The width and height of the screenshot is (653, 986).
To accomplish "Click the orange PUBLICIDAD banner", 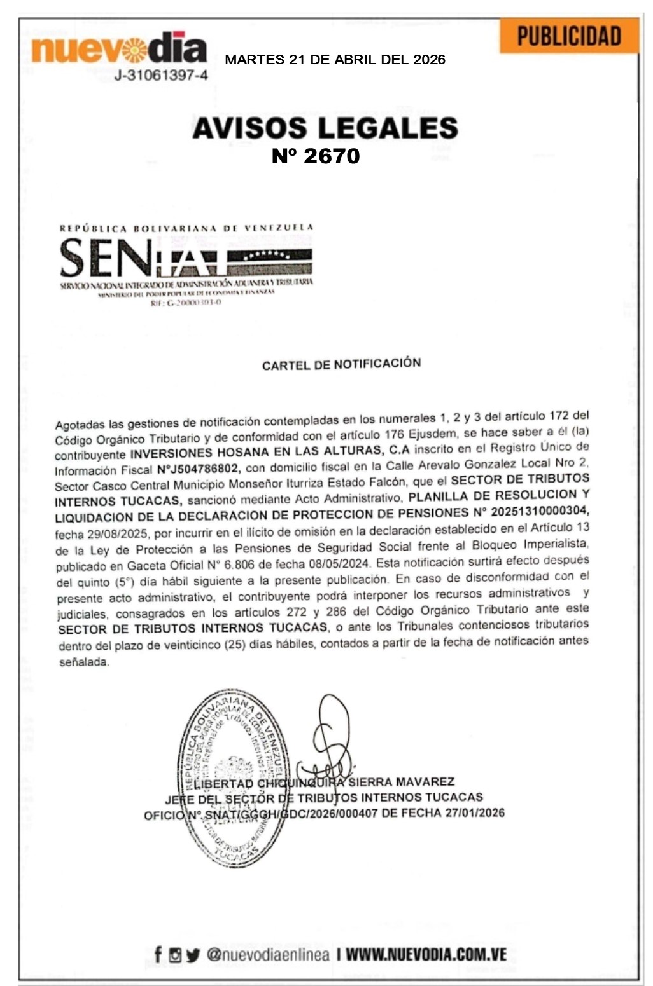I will coord(568,36).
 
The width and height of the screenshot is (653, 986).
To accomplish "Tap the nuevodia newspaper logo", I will coord(119,49).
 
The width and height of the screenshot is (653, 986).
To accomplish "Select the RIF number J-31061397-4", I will coord(161,76).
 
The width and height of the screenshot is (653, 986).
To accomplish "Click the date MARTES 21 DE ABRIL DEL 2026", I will coord(335,60).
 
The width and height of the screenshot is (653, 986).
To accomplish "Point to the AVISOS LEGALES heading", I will coord(325,128).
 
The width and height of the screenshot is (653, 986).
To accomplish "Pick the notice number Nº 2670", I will coord(316,156).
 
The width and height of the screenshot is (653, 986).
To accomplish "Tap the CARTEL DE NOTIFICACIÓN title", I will coord(341,364).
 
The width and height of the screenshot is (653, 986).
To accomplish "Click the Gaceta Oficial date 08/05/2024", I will coord(342,563).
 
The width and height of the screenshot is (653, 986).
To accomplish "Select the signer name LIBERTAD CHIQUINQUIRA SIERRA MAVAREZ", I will coord(315,782).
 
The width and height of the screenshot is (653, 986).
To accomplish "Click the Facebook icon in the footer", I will coord(158,954).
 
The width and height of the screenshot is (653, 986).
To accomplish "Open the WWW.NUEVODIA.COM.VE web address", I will coord(426,954).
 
